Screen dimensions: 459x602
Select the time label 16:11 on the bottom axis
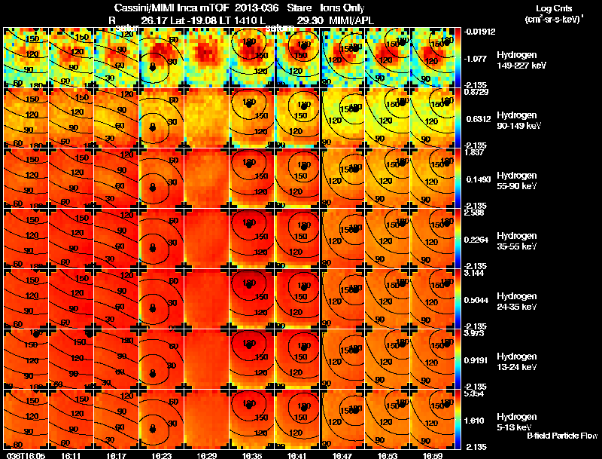(72, 455)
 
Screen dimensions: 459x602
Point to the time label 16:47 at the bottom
(344, 455)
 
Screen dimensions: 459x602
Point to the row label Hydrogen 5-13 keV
(516, 422)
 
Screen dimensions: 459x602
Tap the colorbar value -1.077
(477, 57)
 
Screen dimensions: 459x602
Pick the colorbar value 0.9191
(477, 359)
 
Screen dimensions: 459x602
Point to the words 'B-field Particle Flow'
(562, 436)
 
